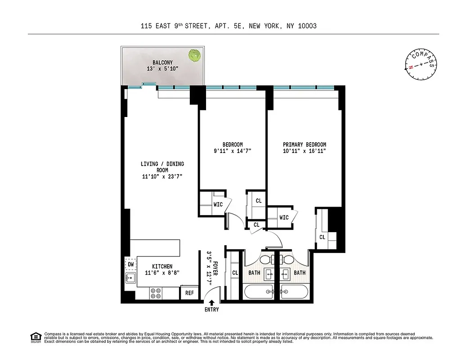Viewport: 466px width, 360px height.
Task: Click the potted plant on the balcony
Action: (x=194, y=56)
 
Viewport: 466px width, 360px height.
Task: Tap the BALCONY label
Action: (x=162, y=63)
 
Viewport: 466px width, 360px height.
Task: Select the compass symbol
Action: (x=421, y=64)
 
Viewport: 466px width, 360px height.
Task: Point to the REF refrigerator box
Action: (x=189, y=293)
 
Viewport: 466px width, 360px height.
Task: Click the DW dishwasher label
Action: (x=131, y=265)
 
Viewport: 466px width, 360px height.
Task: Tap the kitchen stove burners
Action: (x=156, y=293)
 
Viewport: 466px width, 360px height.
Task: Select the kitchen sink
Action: (x=131, y=278)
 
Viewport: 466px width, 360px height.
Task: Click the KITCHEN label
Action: (x=162, y=266)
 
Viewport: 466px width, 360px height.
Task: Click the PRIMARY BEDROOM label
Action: (x=305, y=144)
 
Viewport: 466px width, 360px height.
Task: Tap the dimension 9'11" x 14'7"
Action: (x=233, y=151)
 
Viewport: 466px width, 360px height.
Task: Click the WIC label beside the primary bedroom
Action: (x=284, y=218)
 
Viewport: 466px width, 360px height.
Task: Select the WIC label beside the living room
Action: (x=218, y=204)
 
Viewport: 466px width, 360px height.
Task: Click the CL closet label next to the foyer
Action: (x=235, y=273)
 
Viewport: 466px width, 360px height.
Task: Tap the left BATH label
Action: (x=255, y=273)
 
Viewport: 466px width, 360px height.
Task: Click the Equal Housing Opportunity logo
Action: (x=35, y=337)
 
